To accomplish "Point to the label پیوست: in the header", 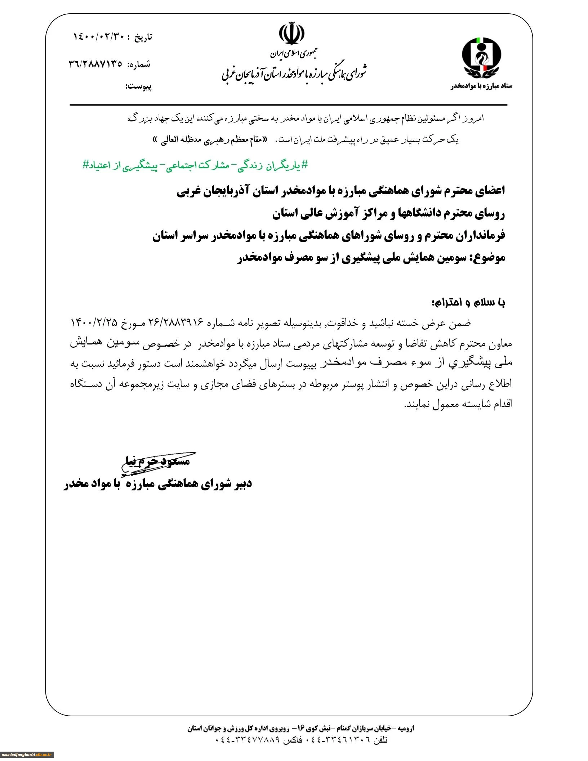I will click(x=138, y=87).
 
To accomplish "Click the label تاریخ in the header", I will click(x=143, y=37).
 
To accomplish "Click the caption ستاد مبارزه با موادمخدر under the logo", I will click(x=481, y=86).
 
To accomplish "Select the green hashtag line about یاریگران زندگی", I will click(x=196, y=165).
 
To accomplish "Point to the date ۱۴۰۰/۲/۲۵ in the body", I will click(x=94, y=322).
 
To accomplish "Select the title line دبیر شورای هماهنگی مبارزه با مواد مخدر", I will click(x=158, y=484).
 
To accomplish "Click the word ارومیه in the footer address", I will click(x=405, y=728).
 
